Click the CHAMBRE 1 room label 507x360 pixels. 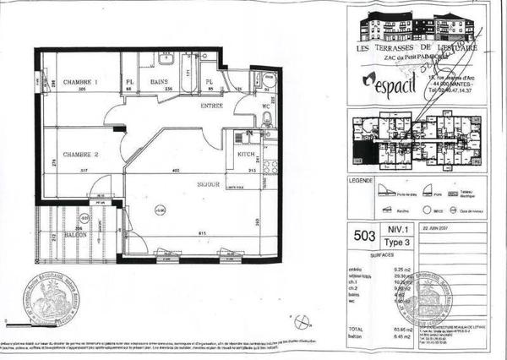point(81,81)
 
